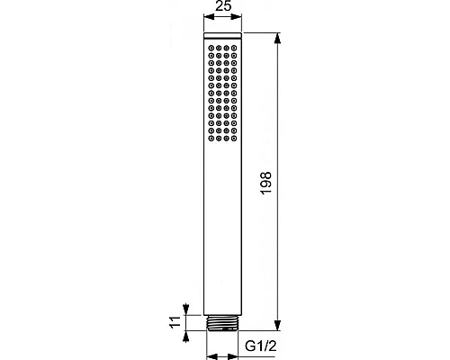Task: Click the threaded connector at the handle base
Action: point(225,321)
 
